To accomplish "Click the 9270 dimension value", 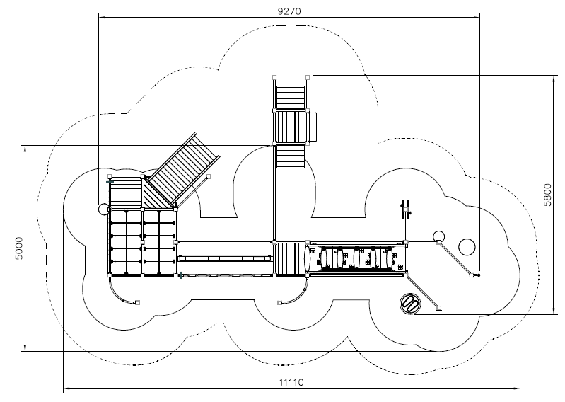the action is click(x=289, y=11).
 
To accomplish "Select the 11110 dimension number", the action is click(x=291, y=382).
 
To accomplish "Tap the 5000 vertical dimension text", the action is click(x=19, y=248).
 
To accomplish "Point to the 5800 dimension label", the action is click(x=547, y=195).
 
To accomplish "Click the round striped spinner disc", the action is click(x=410, y=304).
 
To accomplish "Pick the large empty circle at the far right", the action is click(x=467, y=247).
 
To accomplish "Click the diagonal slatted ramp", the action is click(x=184, y=169).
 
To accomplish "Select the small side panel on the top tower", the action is click(x=312, y=127).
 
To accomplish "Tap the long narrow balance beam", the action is click(x=225, y=258).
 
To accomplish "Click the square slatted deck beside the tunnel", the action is click(x=290, y=258).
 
